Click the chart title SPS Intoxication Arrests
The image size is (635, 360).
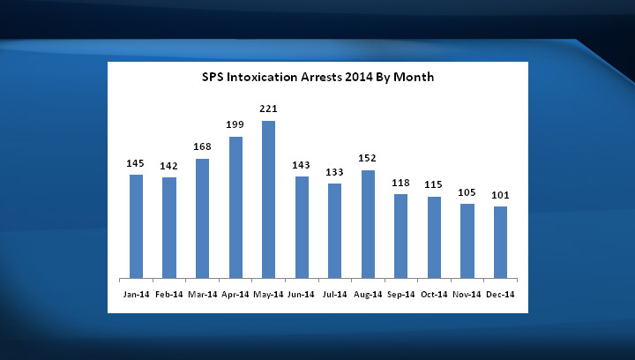(317, 78)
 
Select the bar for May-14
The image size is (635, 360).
(269, 199)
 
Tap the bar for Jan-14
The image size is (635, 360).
(136, 226)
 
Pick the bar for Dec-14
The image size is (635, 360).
(501, 242)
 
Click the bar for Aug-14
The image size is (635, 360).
(368, 224)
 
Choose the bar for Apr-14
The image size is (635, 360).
(235, 207)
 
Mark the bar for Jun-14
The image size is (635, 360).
(302, 227)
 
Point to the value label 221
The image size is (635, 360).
(269, 109)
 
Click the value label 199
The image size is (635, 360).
(235, 125)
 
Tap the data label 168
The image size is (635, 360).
(202, 147)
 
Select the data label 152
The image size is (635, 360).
(368, 159)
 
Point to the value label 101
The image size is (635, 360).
(501, 195)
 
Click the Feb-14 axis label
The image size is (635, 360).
(169, 293)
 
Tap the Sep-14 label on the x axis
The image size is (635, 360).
(401, 293)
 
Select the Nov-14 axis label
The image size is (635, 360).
(467, 293)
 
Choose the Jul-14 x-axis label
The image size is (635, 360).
(335, 293)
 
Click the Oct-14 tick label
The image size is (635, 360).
(434, 293)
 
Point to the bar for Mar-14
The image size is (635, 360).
(202, 218)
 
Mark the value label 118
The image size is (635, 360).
(401, 183)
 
